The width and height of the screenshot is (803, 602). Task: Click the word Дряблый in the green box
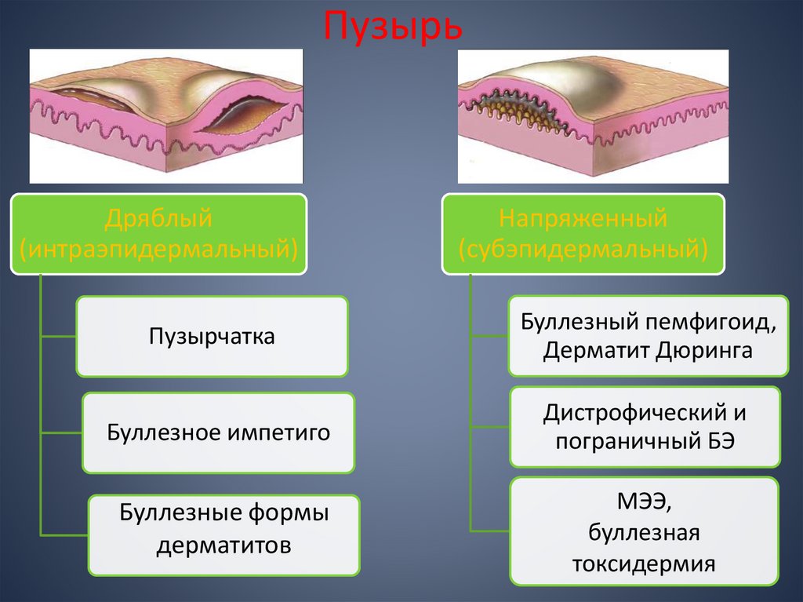[158, 219]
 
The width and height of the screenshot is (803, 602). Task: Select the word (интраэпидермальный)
[158, 250]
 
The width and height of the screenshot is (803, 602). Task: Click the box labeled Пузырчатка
[212, 336]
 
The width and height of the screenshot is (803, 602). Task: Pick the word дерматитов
[224, 545]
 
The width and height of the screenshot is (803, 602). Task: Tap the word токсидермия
[644, 563]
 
